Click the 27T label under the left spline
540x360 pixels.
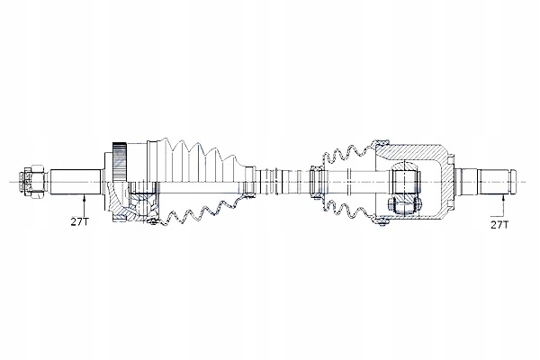79,221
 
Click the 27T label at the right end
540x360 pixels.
499,225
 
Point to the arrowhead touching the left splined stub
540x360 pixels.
84,197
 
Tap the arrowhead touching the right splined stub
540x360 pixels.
503,198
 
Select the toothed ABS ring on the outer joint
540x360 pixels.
120,162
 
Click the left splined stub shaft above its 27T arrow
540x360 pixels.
76,182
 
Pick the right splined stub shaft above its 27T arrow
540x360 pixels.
495,182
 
